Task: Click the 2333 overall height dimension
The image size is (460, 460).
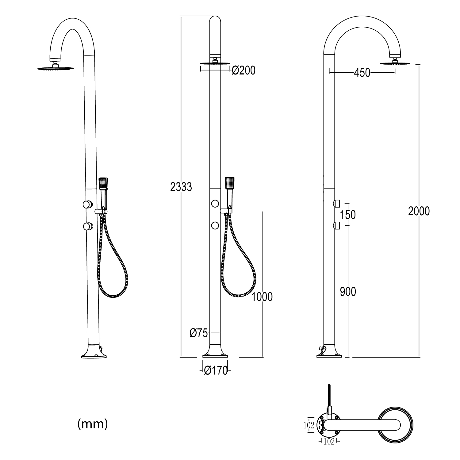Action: click(181, 186)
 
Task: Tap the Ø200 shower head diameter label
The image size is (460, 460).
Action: click(243, 71)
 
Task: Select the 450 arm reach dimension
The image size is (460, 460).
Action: click(362, 73)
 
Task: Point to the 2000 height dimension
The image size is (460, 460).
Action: click(419, 211)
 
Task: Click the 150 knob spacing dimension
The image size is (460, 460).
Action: click(348, 215)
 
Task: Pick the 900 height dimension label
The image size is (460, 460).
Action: click(348, 292)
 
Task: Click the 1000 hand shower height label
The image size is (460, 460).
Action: click(262, 297)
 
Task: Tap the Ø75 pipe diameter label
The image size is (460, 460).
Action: click(199, 333)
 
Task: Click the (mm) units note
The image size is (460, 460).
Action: click(93, 424)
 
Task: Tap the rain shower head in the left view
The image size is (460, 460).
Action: click(56, 68)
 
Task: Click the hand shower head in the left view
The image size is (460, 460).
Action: click(104, 184)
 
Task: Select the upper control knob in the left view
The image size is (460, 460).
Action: click(87, 204)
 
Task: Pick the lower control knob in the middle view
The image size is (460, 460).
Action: click(215, 226)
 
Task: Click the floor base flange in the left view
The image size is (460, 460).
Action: click(94, 355)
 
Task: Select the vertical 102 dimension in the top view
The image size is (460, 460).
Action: click(310, 425)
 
